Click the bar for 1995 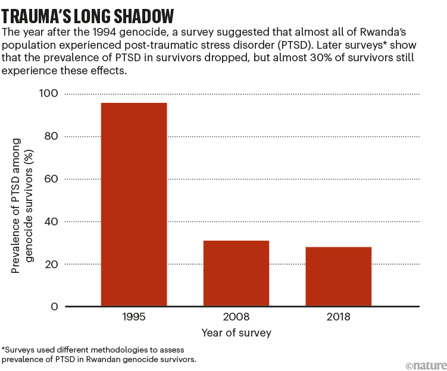point(134,205)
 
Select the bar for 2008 point(236,273)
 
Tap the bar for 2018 point(338,276)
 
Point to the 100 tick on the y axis point(49,93)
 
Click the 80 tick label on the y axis point(52,136)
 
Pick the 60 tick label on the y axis point(52,179)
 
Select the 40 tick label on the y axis point(52,222)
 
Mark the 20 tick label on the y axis point(52,264)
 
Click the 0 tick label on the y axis point(55,307)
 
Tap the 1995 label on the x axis point(134,317)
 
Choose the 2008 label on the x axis point(236,317)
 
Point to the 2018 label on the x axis point(338,317)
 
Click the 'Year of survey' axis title point(236,333)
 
